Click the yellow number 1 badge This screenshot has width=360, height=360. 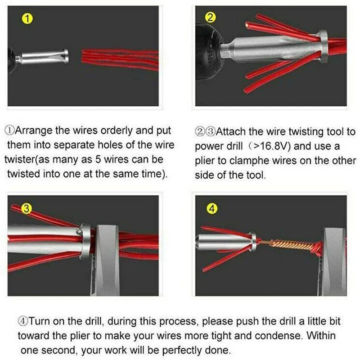tap(27, 18)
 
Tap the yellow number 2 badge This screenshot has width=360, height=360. tap(211, 18)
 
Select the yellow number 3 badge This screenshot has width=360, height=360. tap(27, 208)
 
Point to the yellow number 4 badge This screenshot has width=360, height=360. tap(212, 209)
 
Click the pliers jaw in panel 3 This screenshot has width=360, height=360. tap(106, 260)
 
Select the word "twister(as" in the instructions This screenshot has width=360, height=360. tap(26, 160)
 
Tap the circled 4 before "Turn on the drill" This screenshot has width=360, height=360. tap(23, 321)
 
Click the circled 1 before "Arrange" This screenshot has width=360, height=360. tap(9, 130)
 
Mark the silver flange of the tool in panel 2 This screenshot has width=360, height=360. tap(323, 46)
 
